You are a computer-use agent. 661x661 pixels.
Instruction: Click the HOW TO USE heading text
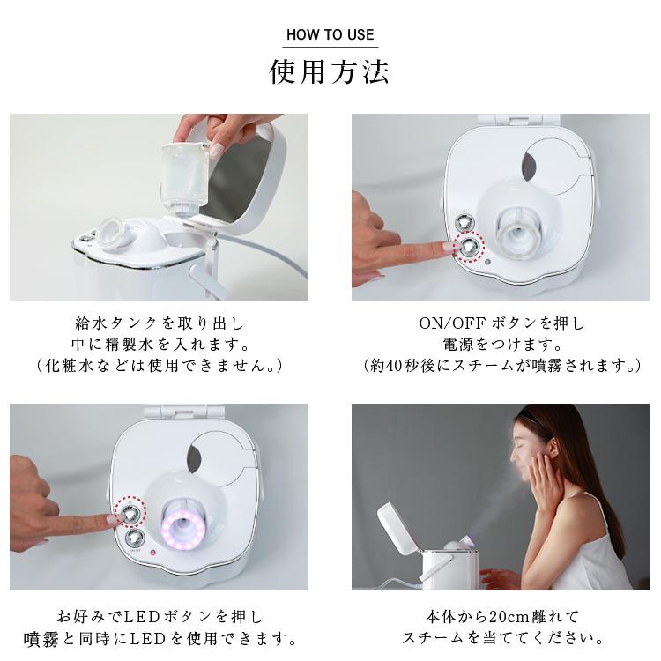330,35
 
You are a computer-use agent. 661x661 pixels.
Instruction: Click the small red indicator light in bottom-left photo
152,553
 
